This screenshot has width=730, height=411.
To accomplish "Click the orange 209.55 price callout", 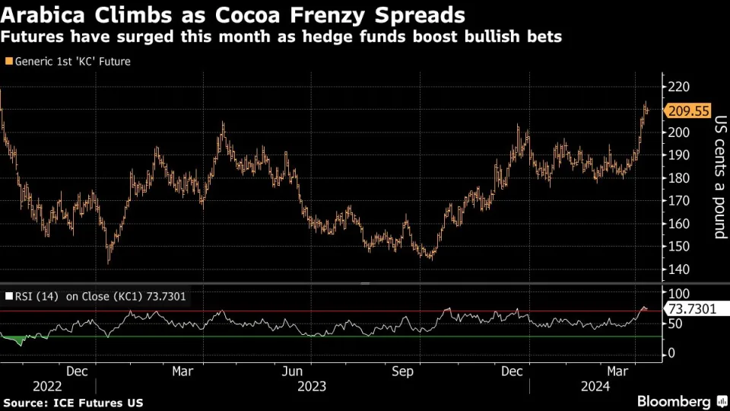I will (689, 111).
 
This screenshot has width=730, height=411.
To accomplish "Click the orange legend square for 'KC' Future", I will (9, 62).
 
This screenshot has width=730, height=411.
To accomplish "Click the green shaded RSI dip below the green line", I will (17, 339).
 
